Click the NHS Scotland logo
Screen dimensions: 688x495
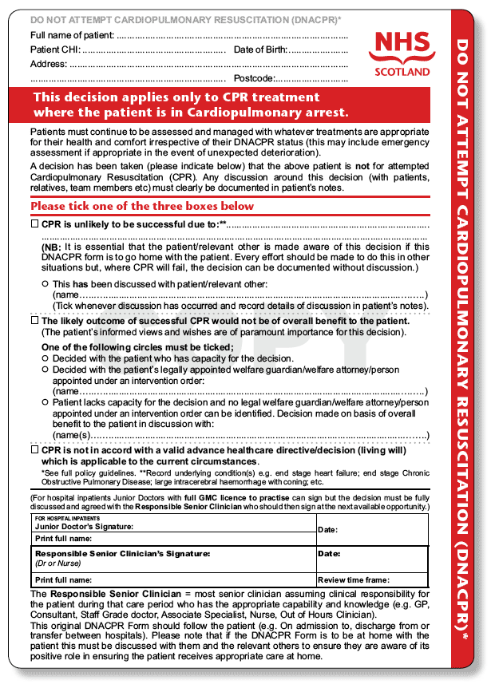click(402, 52)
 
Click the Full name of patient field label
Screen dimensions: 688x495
click(72, 36)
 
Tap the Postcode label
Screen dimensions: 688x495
click(254, 78)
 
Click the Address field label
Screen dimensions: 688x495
click(49, 64)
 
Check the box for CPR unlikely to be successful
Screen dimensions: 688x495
click(34, 225)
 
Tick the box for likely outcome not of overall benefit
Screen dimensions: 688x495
click(34, 321)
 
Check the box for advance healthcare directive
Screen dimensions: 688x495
click(34, 450)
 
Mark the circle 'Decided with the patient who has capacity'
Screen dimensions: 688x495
click(45, 359)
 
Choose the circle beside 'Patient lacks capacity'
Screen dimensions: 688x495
click(45, 403)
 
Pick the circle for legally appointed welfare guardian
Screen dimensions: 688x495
click(45, 370)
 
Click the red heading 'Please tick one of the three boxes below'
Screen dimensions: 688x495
click(142, 206)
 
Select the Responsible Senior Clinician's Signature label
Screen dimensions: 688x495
click(122, 553)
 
